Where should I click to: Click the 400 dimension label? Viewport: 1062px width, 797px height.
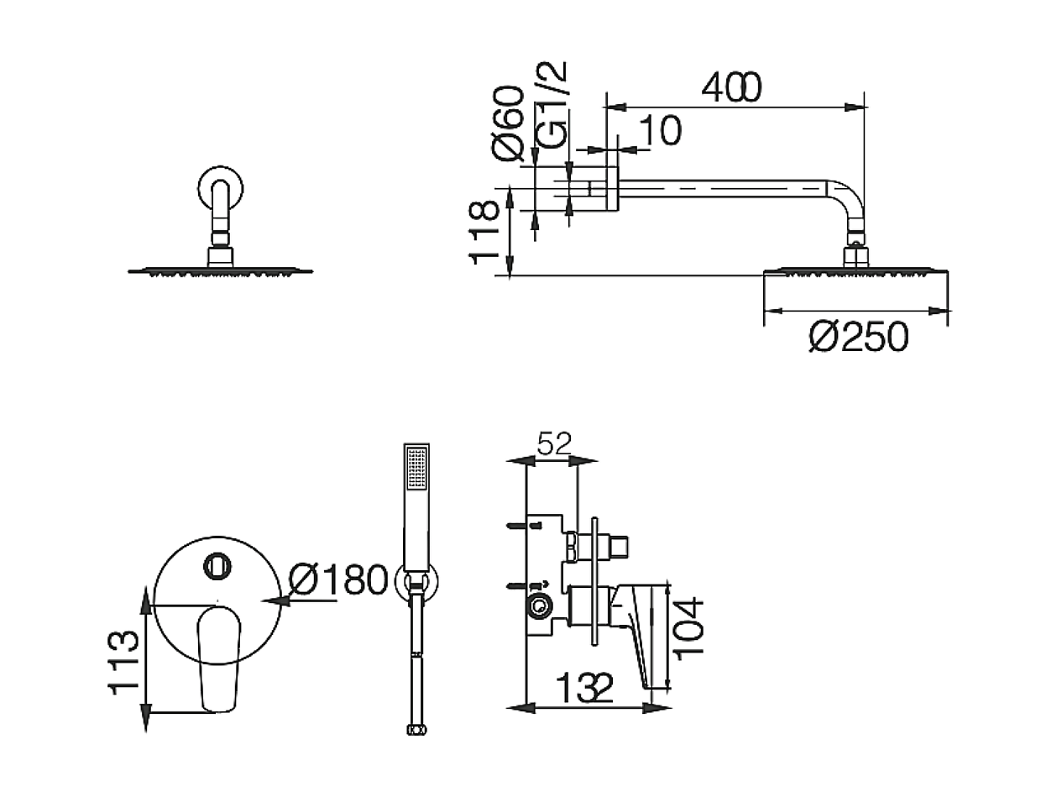click(x=731, y=87)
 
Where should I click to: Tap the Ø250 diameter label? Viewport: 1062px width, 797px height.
click(x=858, y=337)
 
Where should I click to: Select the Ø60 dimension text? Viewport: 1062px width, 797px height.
click(x=508, y=123)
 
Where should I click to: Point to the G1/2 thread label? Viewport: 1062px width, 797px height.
click(x=551, y=105)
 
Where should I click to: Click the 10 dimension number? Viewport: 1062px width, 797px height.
click(x=660, y=130)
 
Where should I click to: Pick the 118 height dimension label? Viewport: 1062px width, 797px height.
click(x=483, y=233)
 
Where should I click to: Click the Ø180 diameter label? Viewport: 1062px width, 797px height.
click(x=338, y=579)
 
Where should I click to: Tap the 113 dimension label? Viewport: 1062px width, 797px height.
click(x=123, y=663)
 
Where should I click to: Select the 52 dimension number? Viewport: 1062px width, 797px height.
click(x=554, y=443)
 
